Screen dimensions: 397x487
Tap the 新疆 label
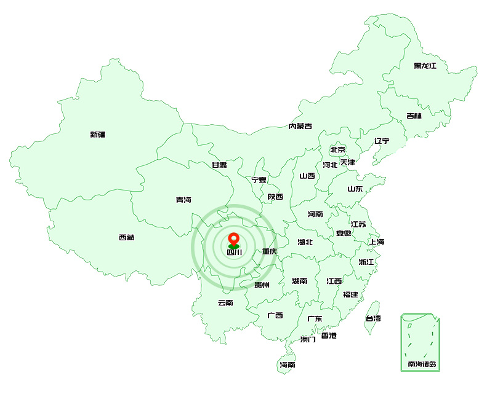[x=98, y=135]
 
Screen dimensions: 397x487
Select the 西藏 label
[x=127, y=237]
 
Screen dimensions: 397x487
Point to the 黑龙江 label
[x=425, y=66]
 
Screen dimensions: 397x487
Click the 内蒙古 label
[x=300, y=127]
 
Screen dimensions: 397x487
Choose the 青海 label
[x=183, y=200]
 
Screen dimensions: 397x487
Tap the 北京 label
[x=337, y=149]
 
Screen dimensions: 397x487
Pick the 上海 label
[x=377, y=242]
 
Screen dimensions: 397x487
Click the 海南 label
[x=288, y=364]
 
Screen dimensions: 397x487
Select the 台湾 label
[x=373, y=318]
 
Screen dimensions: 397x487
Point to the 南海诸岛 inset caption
[x=422, y=364]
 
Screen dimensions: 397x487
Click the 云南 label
[x=225, y=302]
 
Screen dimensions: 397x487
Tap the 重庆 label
[x=269, y=251]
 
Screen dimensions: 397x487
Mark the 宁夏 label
[x=259, y=180]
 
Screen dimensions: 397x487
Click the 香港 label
[x=329, y=336]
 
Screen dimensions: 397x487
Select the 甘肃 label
[x=219, y=165]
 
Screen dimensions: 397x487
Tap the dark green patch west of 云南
[x=196, y=281]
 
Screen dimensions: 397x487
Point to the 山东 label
[x=355, y=189]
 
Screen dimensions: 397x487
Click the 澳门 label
[x=308, y=339]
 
